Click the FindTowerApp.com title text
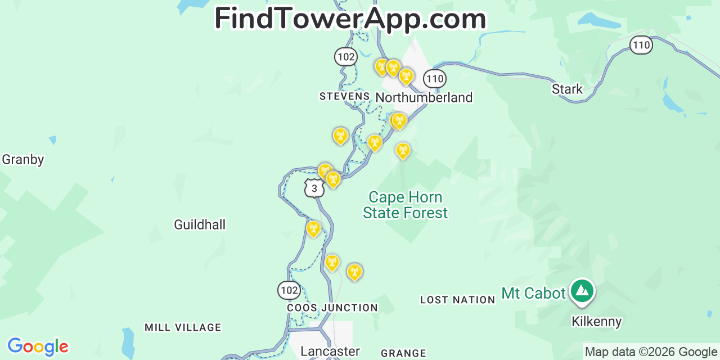350,19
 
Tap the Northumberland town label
424,97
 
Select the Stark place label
567,89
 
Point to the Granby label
22,160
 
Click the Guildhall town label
200,225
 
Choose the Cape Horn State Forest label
405,205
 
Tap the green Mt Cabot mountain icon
582,291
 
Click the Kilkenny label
597,322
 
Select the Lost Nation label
457,300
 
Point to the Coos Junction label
332,308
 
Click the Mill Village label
183,327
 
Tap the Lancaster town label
330,352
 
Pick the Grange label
403,353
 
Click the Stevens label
344,96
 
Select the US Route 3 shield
314,188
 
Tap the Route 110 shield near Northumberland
435,79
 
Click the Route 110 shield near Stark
641,45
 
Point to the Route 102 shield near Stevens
345,56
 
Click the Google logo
38,346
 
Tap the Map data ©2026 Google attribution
651,352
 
